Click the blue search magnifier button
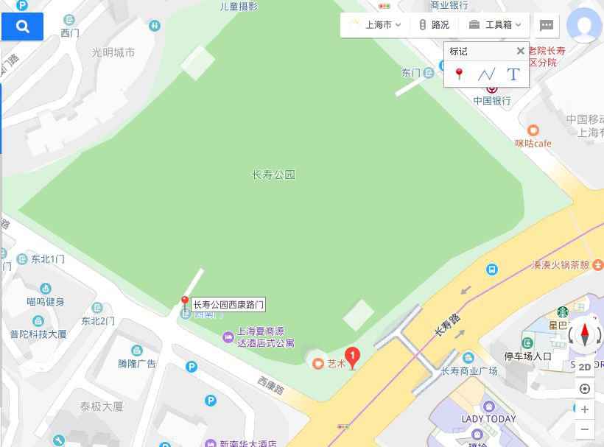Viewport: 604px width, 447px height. click(22, 27)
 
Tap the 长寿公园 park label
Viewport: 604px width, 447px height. click(273, 175)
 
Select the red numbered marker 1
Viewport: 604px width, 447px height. click(353, 357)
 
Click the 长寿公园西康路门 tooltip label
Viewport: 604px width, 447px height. click(228, 304)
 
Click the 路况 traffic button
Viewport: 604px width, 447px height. click(434, 25)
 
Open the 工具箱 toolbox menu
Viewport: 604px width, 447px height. click(495, 25)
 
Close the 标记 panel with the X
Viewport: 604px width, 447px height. click(520, 51)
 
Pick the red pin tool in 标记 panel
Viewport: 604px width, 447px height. click(460, 74)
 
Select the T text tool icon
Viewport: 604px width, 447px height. click(513, 74)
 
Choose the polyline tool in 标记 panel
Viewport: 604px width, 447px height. click(486, 74)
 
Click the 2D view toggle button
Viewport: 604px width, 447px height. click(585, 367)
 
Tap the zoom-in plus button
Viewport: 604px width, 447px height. click(585, 409)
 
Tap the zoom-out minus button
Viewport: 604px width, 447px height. click(585, 429)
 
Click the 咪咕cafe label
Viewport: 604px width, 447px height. click(533, 143)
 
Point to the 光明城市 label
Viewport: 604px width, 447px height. click(113, 52)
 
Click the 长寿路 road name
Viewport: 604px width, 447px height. click(447, 325)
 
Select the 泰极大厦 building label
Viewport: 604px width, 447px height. click(102, 406)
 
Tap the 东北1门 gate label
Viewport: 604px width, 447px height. click(47, 259)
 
